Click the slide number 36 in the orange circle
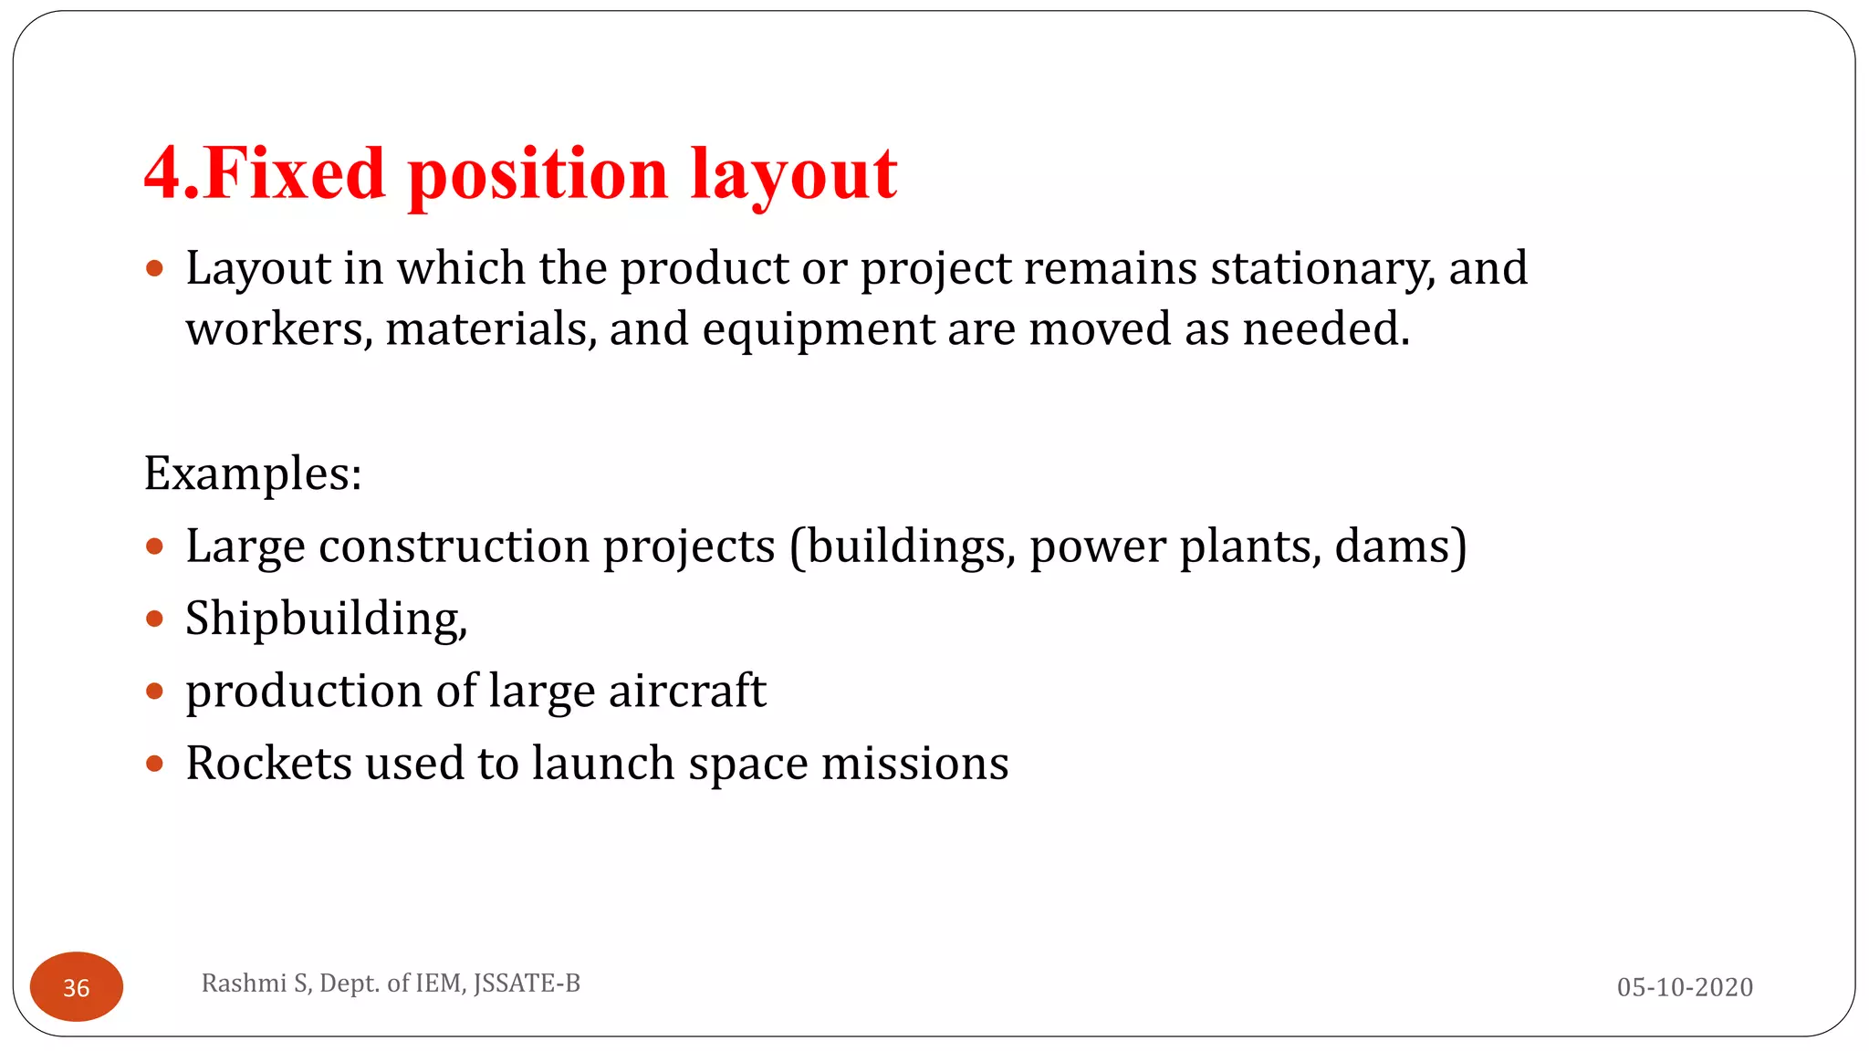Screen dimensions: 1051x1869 (x=77, y=987)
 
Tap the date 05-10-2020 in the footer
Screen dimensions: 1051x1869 (x=1685, y=986)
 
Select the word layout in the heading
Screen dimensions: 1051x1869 (x=794, y=175)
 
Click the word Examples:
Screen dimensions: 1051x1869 (x=253, y=473)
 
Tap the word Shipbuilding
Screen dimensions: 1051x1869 (x=325, y=619)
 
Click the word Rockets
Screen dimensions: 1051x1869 (x=268, y=763)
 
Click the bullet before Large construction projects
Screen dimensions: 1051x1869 (x=154, y=546)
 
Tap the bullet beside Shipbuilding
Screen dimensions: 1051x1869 (x=154, y=619)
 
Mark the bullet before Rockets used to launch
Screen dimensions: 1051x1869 (x=154, y=764)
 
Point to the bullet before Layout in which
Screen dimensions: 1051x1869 (x=154, y=269)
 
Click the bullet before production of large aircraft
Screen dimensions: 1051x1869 (x=154, y=692)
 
